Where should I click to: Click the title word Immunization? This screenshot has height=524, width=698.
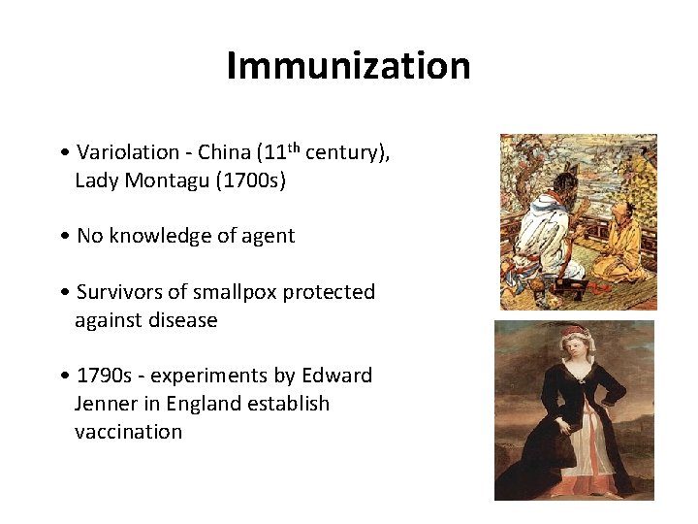(348, 66)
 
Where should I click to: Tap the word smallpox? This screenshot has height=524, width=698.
(237, 292)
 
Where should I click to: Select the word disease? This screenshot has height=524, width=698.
(182, 320)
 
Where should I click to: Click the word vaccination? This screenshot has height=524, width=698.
(128, 432)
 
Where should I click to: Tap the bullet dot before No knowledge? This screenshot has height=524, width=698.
(63, 236)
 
